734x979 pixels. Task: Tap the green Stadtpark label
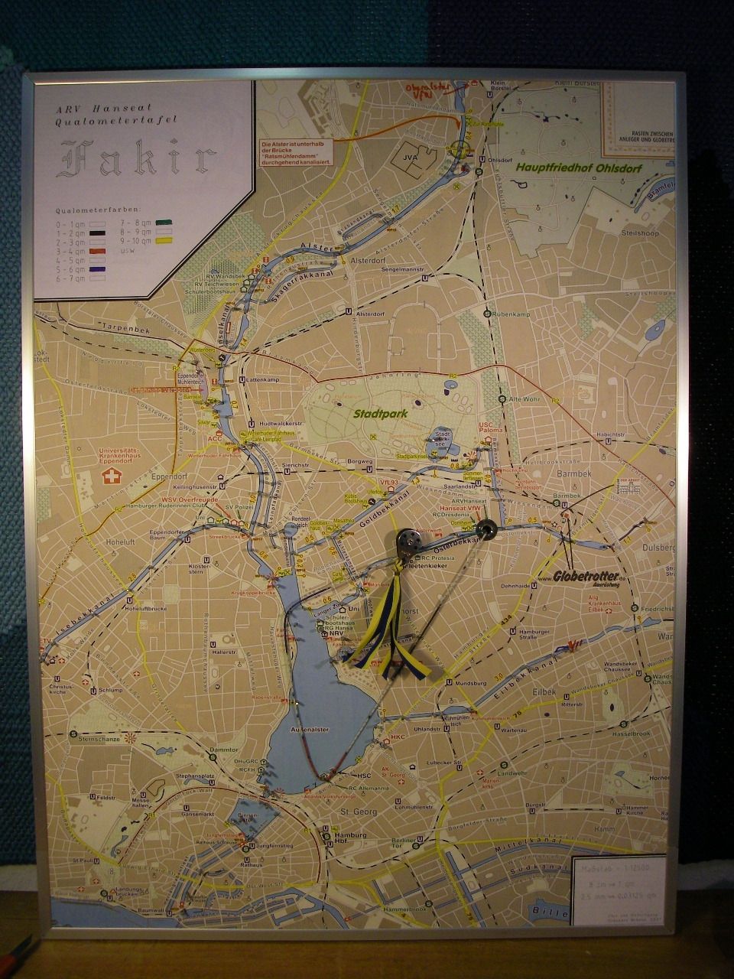tap(378, 413)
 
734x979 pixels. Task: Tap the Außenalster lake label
tap(310, 730)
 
